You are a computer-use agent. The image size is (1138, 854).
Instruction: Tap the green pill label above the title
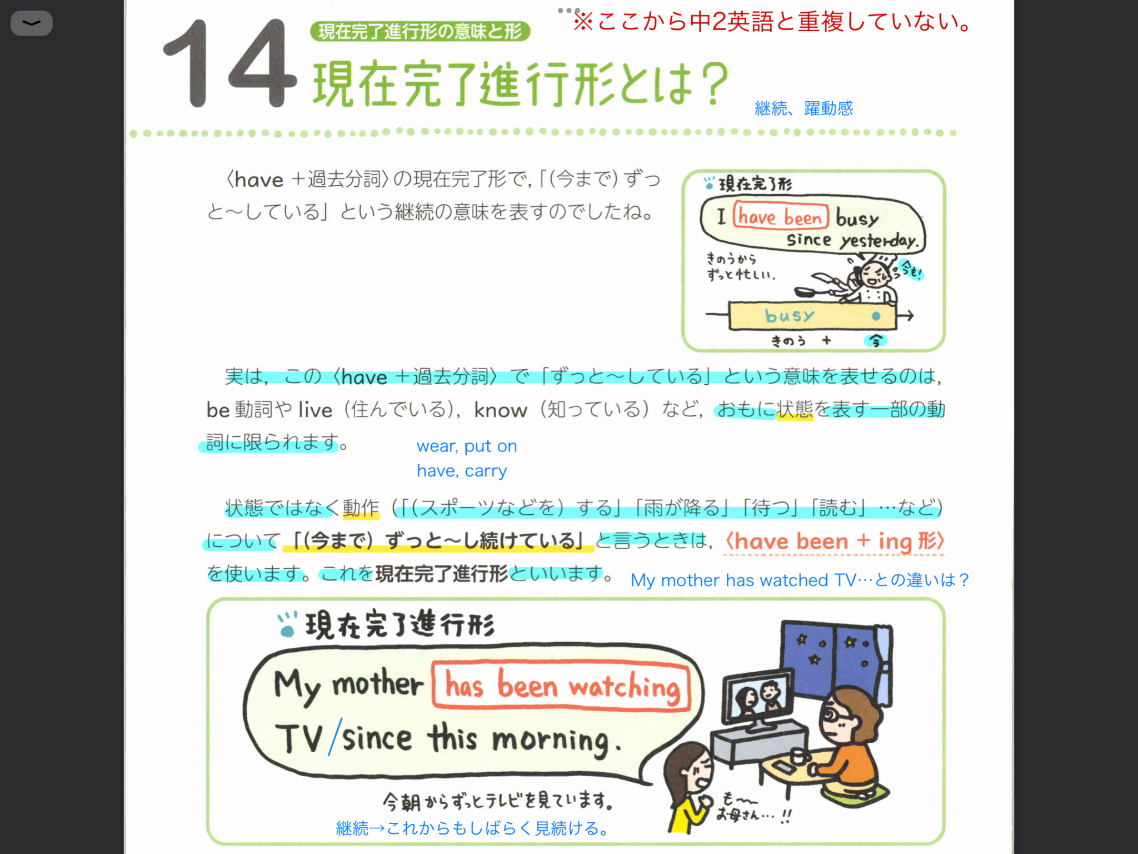pos(420,31)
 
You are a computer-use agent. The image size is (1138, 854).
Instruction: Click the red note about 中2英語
pos(772,22)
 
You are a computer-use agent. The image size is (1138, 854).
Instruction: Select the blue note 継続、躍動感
pos(803,108)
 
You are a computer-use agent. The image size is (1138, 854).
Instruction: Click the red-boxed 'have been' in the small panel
pos(781,217)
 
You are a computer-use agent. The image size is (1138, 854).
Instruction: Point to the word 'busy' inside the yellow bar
pos(790,316)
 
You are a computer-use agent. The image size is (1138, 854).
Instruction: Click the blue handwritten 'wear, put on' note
pos(467,446)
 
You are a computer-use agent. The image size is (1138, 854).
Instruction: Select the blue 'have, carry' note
pos(462,471)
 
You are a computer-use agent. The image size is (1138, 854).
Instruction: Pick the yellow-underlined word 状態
pos(795,410)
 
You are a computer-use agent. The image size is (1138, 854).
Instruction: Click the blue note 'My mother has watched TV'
pos(800,580)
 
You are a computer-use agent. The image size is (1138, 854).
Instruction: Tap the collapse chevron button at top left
pos(32,23)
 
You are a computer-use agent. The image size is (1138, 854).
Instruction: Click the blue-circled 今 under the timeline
pos(875,341)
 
